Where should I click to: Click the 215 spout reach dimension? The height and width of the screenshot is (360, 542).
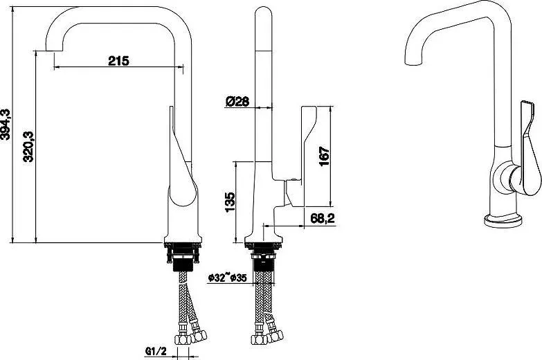coord(118,61)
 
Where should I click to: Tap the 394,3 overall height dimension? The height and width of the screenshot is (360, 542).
coord(6,125)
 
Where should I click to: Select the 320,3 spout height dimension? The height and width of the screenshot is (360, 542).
coord(28,146)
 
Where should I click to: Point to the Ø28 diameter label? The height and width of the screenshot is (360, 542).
coord(237,101)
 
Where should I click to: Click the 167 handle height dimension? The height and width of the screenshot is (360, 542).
coord(324,156)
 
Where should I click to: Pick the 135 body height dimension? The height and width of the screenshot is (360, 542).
coord(230,202)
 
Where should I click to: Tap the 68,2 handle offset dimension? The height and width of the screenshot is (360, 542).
coord(323,218)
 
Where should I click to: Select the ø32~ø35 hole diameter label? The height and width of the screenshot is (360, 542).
coord(228,278)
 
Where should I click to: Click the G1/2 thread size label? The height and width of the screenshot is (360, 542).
coord(156,352)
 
